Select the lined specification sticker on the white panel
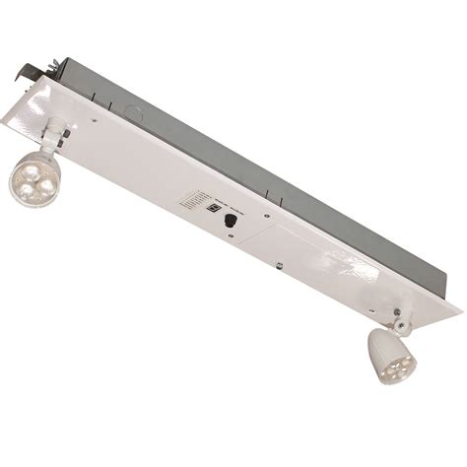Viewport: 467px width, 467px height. (190, 201)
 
